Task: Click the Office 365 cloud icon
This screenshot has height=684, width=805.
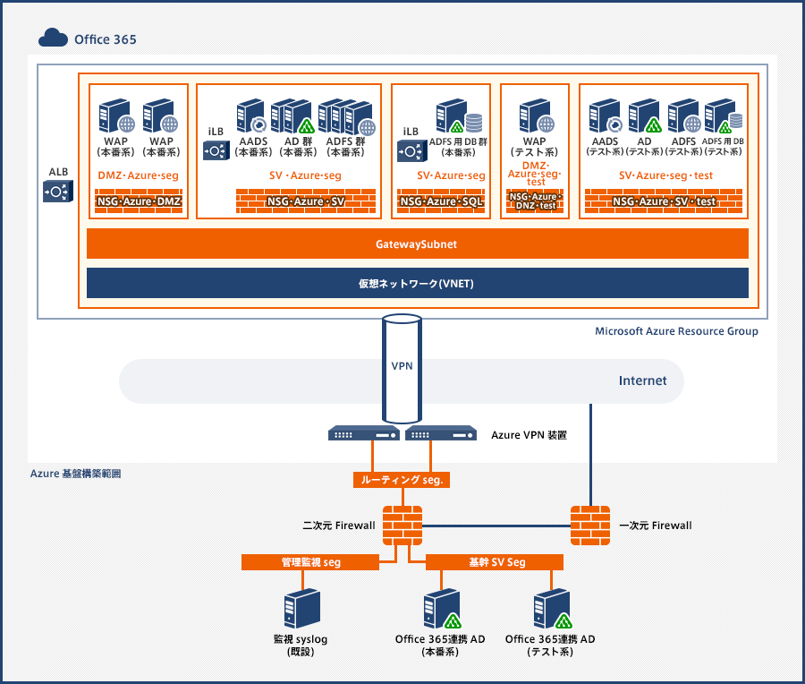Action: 54,38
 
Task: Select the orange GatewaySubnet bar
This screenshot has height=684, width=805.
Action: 417,244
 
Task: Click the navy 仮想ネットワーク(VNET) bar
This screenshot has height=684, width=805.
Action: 417,284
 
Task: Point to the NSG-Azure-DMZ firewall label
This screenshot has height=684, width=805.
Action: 139,202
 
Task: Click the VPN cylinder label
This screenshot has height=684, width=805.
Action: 402,366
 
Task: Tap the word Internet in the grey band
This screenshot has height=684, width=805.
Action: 642,380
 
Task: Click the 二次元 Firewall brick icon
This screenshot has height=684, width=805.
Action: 402,525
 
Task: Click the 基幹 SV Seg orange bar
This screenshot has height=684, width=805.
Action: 494,562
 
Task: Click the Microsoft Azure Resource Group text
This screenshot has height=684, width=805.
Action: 676,331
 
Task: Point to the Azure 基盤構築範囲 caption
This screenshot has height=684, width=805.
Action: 75,472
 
